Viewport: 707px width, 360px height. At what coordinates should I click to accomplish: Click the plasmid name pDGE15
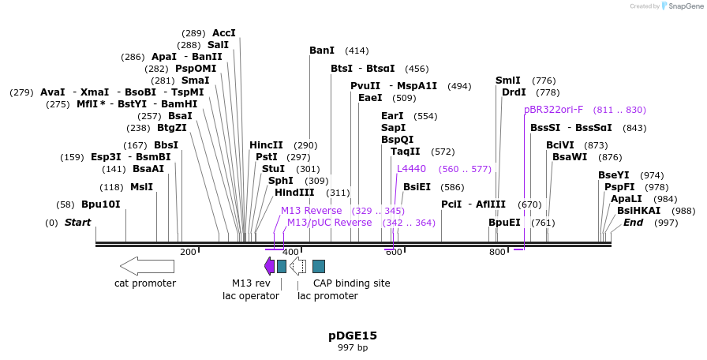click(353, 336)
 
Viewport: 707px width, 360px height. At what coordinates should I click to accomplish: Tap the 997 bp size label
click(353, 347)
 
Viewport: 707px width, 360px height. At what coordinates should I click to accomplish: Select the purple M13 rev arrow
click(269, 266)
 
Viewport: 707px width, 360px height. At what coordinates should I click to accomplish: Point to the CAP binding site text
click(351, 283)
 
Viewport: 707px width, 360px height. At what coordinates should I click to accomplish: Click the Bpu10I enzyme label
click(100, 204)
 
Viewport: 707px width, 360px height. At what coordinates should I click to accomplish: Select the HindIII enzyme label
click(294, 193)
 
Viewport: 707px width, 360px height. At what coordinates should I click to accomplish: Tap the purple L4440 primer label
click(411, 169)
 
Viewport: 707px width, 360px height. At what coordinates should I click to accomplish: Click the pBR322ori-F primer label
click(553, 110)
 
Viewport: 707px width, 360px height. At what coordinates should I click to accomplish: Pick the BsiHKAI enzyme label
click(638, 211)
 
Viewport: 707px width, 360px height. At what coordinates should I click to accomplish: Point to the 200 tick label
click(188, 252)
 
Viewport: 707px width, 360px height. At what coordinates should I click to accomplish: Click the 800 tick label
click(497, 252)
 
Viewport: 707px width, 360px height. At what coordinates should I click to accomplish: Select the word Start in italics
click(77, 223)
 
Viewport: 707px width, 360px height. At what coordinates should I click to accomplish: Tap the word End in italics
click(633, 223)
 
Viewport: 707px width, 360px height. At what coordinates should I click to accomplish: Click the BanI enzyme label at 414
click(322, 51)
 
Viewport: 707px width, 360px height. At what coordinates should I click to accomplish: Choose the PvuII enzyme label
click(365, 86)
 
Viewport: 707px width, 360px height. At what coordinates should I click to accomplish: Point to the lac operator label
click(251, 296)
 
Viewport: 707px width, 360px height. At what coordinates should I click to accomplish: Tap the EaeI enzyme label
click(370, 98)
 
